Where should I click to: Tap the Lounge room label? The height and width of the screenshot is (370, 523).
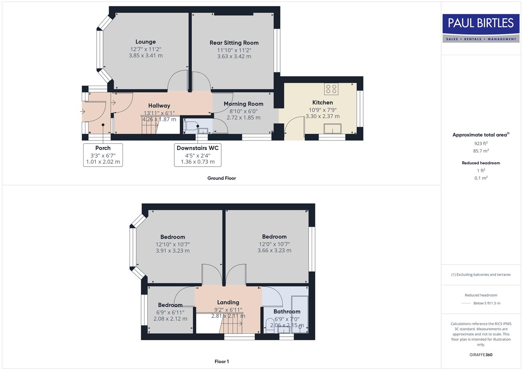[146, 42]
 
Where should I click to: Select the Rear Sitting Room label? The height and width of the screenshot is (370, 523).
[234, 43]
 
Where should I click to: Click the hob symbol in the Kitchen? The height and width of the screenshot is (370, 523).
[331, 89]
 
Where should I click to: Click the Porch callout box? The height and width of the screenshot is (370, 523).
[103, 155]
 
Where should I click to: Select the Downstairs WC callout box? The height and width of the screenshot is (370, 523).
[198, 155]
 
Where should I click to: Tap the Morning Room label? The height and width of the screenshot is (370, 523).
[244, 104]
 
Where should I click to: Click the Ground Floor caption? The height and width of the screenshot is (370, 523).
[222, 178]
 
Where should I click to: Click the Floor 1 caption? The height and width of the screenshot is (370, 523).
[222, 361]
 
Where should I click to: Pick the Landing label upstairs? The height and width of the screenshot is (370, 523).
[228, 302]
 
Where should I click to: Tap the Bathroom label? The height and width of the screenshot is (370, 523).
[287, 311]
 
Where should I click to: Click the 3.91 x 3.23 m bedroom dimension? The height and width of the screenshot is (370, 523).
[173, 251]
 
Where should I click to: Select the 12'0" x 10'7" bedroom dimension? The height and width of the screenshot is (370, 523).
[274, 244]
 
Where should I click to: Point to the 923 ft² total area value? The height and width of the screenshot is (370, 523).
[481, 144]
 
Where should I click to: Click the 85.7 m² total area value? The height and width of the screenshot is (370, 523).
[481, 151]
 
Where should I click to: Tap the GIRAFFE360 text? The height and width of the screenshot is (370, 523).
[481, 355]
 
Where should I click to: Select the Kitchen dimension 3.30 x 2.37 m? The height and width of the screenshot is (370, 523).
[323, 116]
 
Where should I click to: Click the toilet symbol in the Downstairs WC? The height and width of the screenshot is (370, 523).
[190, 126]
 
